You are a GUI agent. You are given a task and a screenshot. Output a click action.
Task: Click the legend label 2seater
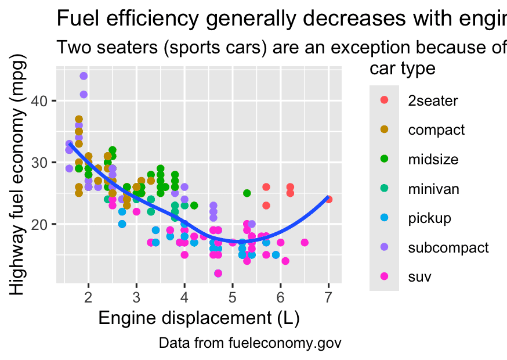click(x=433, y=100)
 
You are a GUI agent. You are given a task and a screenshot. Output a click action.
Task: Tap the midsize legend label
click(x=433, y=159)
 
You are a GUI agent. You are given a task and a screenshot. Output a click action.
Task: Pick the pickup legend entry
click(x=430, y=218)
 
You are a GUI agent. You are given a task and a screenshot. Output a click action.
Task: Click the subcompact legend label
click(x=448, y=247)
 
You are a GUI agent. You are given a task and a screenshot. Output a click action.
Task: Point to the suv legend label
click(x=419, y=277)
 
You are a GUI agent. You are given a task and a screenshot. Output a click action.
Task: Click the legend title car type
click(x=403, y=69)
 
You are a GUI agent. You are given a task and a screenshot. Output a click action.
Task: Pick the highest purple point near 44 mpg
click(x=84, y=76)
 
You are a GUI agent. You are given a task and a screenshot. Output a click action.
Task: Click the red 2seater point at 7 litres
click(x=329, y=199)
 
